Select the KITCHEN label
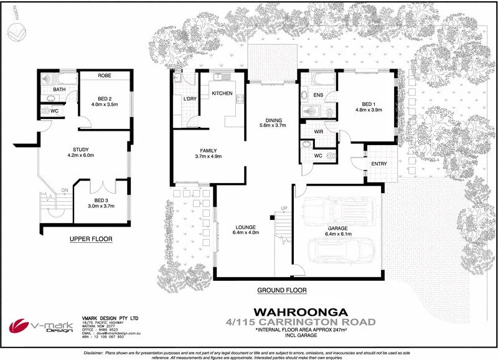(222, 93)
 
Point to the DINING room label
(274, 120)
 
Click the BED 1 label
(369, 104)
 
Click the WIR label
(319, 132)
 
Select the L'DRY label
(190, 99)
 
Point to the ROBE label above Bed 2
(104, 75)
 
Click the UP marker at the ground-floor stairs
(284, 208)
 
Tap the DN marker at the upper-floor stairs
(64, 191)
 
